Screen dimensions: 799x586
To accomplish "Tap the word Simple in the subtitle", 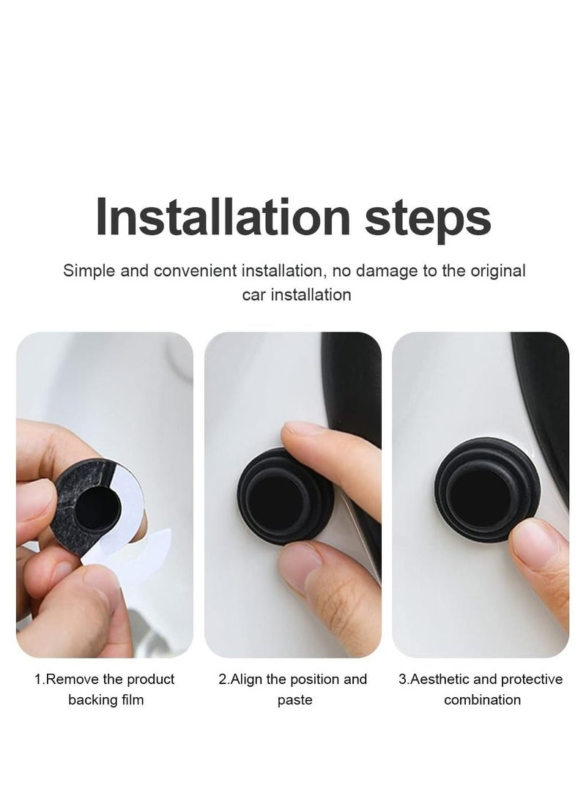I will [x=86, y=271].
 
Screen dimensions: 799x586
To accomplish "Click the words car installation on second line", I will [x=296, y=294].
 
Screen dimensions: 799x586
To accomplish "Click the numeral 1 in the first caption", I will [x=38, y=679].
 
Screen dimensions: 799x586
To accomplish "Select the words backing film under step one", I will [x=105, y=699].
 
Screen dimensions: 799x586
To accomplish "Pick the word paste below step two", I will [x=294, y=699].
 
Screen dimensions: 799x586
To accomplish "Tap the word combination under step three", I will [x=482, y=699].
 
